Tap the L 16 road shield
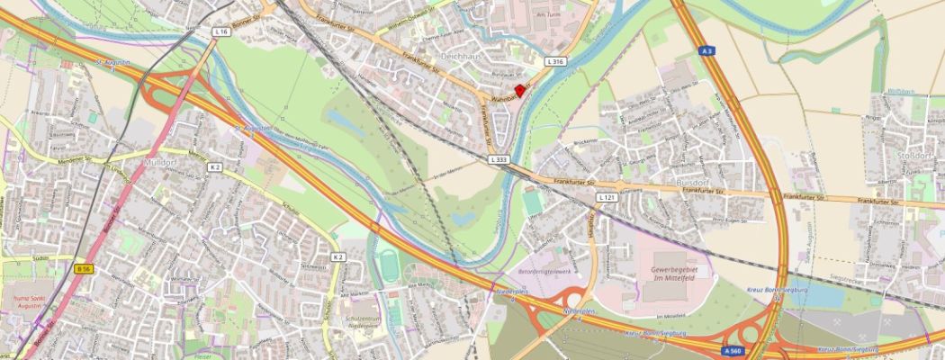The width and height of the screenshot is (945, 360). [x=221, y=31]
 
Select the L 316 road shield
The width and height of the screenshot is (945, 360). [x=554, y=62]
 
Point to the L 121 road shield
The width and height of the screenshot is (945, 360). [x=607, y=197]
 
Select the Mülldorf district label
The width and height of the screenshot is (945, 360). [x=161, y=163]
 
